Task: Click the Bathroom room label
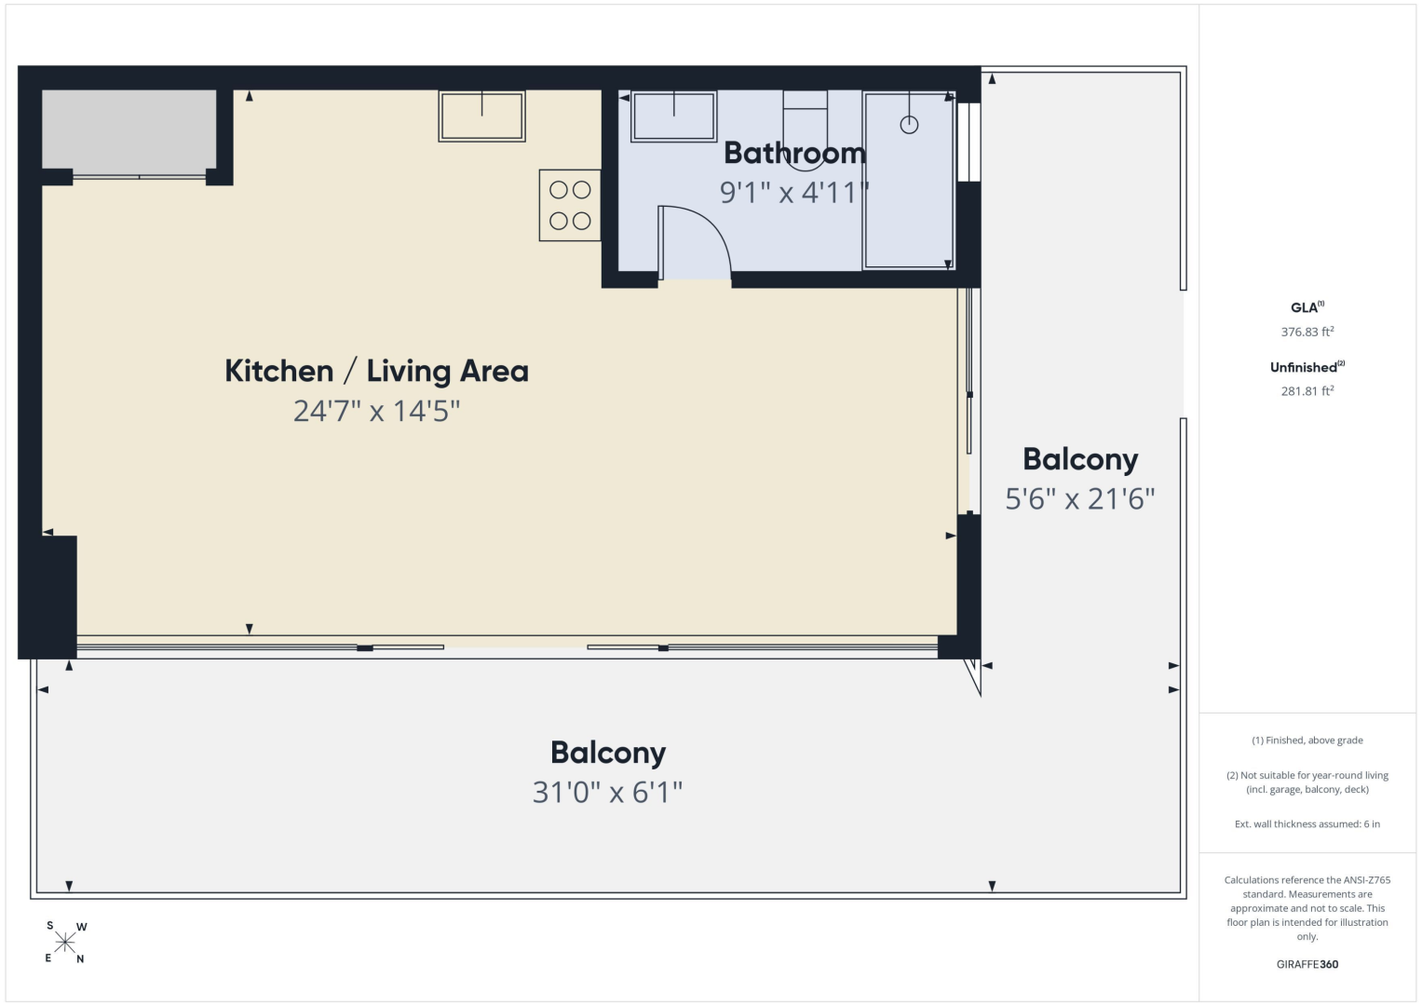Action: point(794,153)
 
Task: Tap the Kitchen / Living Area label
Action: point(376,371)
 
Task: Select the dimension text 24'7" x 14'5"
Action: point(376,411)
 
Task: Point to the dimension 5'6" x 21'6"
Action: point(1080,498)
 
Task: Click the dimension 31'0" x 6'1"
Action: point(607,792)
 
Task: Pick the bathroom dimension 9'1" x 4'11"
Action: point(794,192)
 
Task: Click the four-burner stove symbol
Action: point(570,205)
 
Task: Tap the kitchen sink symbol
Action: point(481,116)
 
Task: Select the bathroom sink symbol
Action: point(673,116)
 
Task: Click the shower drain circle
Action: point(909,125)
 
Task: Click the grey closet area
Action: point(129,129)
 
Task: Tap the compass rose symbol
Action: point(65,943)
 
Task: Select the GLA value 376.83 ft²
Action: point(1307,332)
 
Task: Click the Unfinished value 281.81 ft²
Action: point(1307,390)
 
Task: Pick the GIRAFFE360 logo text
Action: point(1307,964)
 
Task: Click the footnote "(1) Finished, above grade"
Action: point(1307,740)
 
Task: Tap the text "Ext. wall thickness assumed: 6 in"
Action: point(1307,823)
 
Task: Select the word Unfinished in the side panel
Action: point(1304,368)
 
